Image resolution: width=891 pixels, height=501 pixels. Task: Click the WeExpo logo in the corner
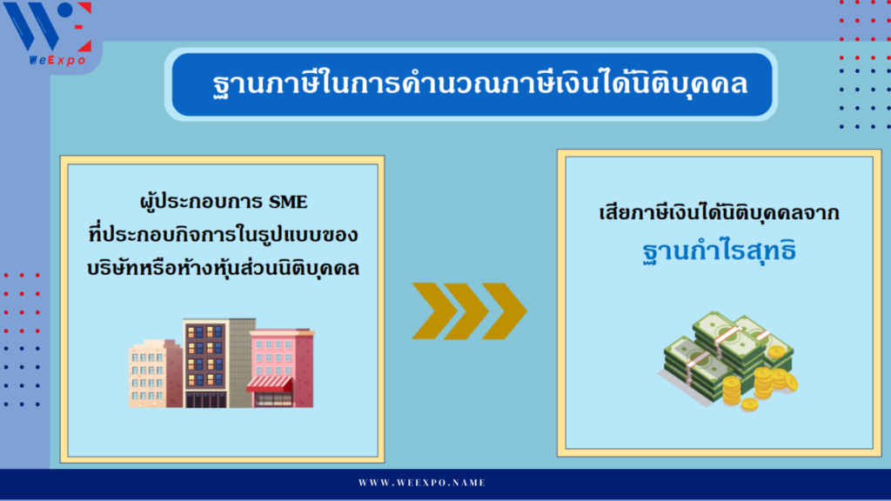click(49, 34)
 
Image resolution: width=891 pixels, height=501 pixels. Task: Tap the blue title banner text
click(480, 85)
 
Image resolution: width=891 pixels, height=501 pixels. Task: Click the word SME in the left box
click(288, 202)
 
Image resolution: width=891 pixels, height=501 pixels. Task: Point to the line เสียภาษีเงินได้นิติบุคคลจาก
click(719, 213)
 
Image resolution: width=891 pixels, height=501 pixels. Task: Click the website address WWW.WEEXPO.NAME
click(422, 483)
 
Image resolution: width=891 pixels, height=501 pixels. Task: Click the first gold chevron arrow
click(435, 311)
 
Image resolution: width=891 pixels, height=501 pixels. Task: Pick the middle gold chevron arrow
click(467, 311)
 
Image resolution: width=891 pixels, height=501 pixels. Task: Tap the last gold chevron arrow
click(504, 311)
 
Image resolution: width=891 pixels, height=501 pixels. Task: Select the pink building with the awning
click(281, 368)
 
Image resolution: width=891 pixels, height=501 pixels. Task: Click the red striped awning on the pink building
click(270, 384)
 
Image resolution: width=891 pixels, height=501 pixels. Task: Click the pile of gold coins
click(759, 384)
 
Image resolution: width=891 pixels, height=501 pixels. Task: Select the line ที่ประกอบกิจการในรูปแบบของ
click(224, 235)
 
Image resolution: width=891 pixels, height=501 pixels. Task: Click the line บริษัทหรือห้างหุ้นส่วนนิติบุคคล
click(224, 268)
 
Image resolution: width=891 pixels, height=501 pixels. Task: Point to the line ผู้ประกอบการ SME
click(224, 202)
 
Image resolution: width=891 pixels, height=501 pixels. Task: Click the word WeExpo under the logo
click(57, 60)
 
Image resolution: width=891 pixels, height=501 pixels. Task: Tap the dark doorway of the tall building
click(205, 400)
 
